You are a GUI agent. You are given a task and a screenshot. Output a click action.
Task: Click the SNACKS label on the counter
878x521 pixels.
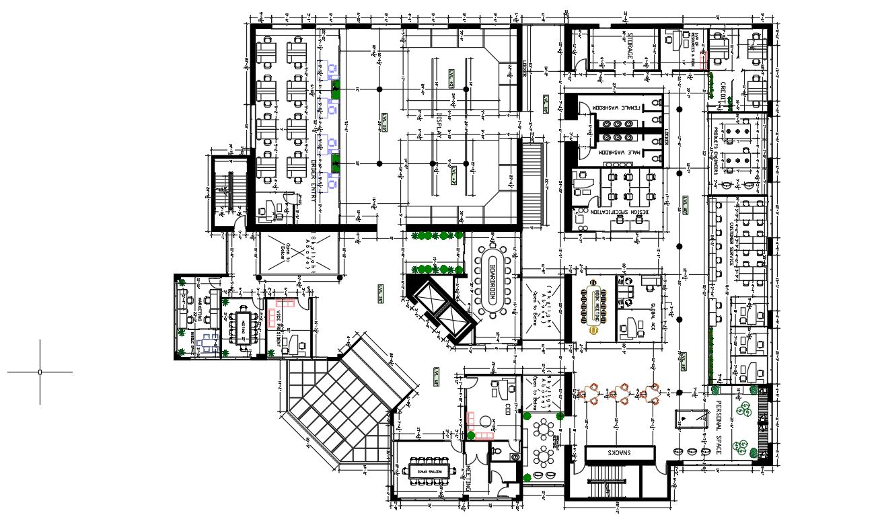coord(620,454)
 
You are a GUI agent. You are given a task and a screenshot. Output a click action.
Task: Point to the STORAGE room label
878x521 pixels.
coord(631,49)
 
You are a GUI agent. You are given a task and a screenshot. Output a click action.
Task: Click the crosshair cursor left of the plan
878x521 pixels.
coord(40,371)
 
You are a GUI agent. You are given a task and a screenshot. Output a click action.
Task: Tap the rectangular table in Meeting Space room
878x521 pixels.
coord(429,467)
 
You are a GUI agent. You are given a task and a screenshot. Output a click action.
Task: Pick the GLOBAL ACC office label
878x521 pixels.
coord(653,314)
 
